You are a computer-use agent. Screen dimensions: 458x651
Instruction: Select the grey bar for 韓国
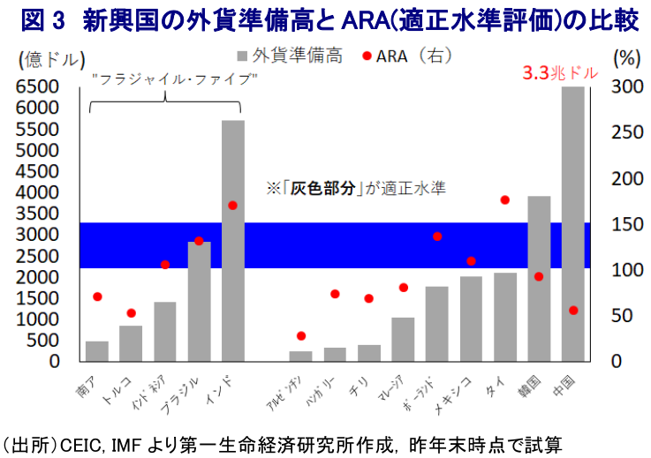539,278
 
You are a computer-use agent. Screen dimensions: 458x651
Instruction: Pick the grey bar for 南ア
97,351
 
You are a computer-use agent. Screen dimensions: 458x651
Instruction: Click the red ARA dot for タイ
505,200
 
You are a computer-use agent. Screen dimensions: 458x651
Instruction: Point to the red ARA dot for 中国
573,311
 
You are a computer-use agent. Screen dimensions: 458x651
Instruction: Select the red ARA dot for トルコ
131,312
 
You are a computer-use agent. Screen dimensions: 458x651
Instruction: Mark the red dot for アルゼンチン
301,336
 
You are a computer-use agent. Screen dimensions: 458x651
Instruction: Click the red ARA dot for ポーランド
437,237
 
